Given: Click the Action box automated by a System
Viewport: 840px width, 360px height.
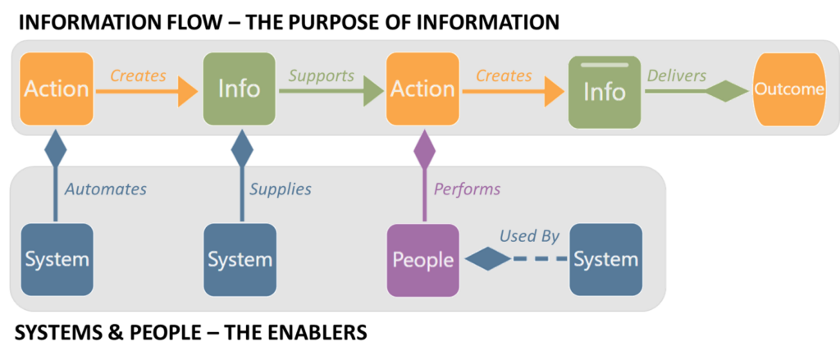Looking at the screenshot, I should (x=56, y=89).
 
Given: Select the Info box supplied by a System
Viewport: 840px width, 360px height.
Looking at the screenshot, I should (x=239, y=89).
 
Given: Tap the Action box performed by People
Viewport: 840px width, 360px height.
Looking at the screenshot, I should (x=422, y=89).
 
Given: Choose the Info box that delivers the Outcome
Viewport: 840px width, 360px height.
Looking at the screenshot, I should (x=605, y=92).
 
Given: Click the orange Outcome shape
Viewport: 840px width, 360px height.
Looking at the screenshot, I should (x=788, y=89).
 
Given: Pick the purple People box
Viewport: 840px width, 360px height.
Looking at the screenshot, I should (x=422, y=260).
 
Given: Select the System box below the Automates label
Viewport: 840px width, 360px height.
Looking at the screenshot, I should (x=57, y=260).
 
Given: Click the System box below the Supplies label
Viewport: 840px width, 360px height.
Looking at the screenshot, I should (x=240, y=260).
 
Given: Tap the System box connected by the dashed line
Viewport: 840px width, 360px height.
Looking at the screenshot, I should (x=605, y=260).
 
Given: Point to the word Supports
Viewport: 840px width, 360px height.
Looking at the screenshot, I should (x=322, y=75).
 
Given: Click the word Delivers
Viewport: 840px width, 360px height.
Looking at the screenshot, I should (x=677, y=75).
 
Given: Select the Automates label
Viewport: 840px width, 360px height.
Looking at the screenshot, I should (x=106, y=189).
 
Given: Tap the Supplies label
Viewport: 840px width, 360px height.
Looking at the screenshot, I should (x=281, y=189).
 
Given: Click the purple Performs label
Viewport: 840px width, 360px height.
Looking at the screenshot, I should (x=467, y=189).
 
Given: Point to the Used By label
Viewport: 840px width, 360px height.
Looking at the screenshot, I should (x=529, y=236).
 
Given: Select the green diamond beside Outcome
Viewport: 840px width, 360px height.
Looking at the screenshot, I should (x=728, y=91).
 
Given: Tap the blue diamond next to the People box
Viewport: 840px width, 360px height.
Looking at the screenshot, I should (x=488, y=260).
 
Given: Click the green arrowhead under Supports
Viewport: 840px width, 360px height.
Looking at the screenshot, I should (x=373, y=91).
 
